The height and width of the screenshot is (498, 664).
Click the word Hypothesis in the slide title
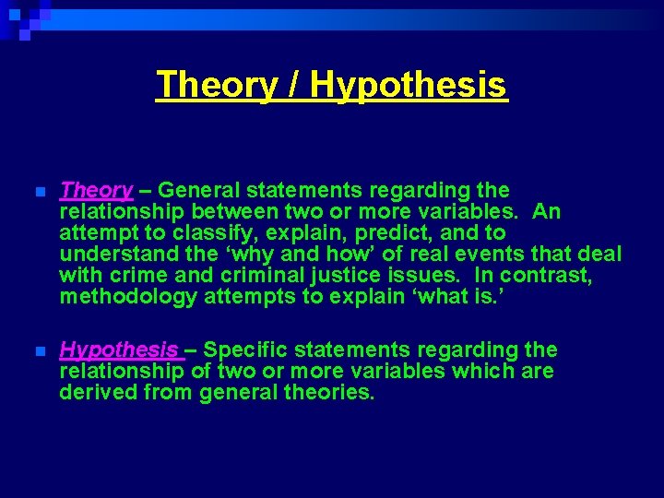tap(409, 85)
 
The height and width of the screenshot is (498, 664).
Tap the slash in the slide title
tap(293, 85)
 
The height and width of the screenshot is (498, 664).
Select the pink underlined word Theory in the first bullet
tap(96, 191)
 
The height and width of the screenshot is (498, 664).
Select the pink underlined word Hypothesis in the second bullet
tap(119, 350)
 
